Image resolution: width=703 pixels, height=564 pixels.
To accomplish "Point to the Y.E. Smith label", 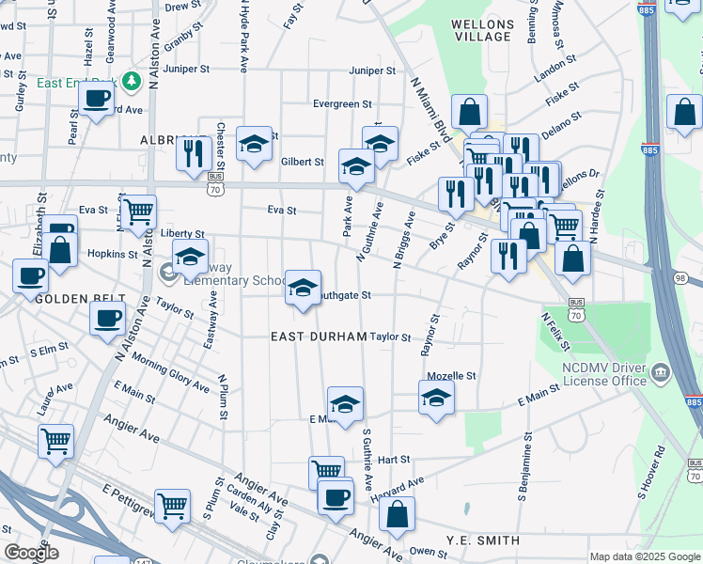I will (483, 540).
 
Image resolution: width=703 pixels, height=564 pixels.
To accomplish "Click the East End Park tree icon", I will (133, 82).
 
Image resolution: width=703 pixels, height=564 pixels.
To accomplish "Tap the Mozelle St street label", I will (452, 375).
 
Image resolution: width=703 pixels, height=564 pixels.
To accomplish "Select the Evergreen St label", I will (343, 104).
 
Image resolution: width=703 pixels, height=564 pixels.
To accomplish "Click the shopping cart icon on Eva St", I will (138, 212).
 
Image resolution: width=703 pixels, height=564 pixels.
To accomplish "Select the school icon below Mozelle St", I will (437, 399).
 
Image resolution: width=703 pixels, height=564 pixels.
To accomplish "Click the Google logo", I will (31, 553).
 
